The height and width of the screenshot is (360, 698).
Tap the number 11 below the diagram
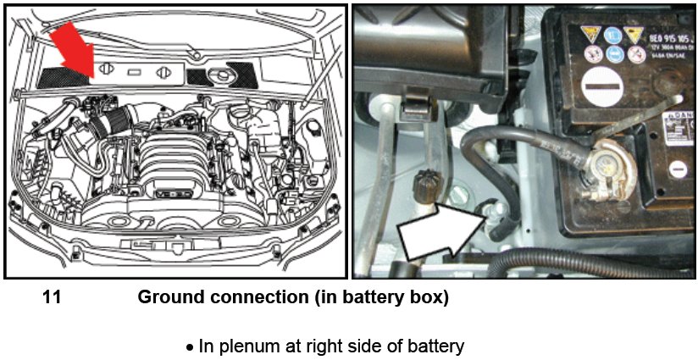(x=52, y=298)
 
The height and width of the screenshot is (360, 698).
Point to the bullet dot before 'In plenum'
(x=191, y=346)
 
